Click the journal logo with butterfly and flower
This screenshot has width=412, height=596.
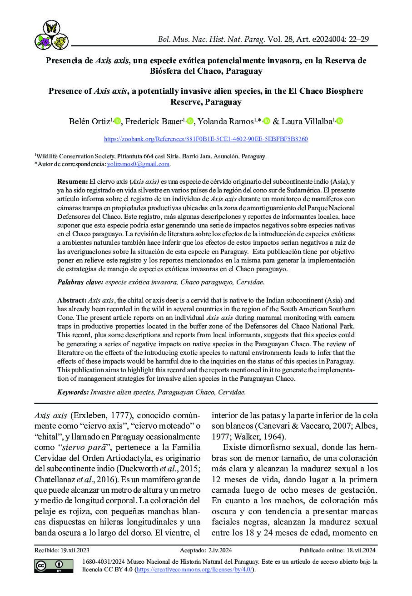coord(51,35)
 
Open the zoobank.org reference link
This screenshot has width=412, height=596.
coord(206,139)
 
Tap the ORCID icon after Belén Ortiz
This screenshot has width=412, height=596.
coord(117,121)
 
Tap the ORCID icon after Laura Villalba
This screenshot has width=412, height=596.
coord(339,121)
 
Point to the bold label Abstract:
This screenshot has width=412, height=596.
coord(72,300)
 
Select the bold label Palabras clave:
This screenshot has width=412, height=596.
coord(80,282)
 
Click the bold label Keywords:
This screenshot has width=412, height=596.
coord(73,392)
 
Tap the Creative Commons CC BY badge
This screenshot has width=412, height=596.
coord(54,566)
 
